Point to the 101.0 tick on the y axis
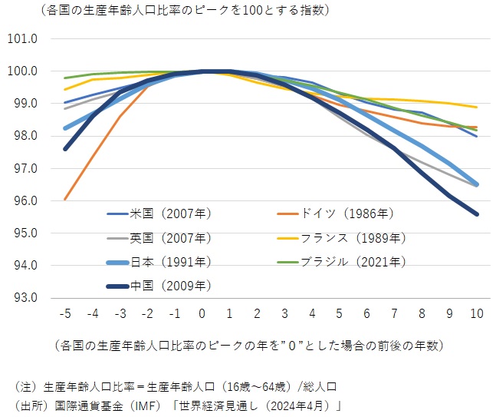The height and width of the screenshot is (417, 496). click(21, 38)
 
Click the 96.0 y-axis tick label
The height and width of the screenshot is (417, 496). click(21, 200)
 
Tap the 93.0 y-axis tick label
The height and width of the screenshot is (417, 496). click(21, 298)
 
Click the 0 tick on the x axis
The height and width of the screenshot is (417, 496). click(202, 313)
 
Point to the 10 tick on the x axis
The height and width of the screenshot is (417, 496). click(477, 313)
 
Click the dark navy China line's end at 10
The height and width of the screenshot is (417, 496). click(477, 214)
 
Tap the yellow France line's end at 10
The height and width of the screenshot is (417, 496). click(477, 107)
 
